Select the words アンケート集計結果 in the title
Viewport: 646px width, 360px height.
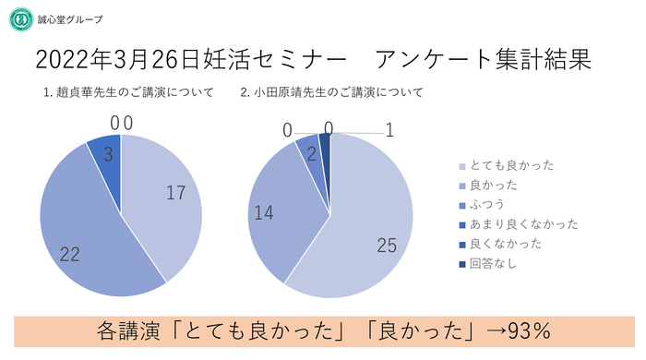[484, 61]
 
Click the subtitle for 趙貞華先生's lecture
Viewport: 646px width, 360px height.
[128, 92]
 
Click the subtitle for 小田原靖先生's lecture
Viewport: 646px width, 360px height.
[331, 92]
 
